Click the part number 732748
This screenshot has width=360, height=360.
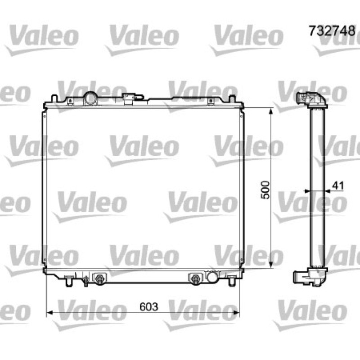pyautogui.click(x=332, y=31)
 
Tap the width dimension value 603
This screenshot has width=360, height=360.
pyautogui.click(x=149, y=307)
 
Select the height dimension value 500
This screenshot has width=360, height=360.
pyautogui.click(x=265, y=190)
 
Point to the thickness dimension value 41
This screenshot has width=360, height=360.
pyautogui.click(x=338, y=186)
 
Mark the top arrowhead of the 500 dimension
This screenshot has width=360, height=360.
pyautogui.click(x=271, y=111)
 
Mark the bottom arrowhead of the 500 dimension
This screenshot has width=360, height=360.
pyautogui.click(x=271, y=265)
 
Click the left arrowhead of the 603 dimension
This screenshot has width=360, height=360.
pyautogui.click(x=50, y=312)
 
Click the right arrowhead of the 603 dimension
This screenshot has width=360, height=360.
pyautogui.click(x=236, y=312)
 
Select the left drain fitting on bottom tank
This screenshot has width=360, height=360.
pyautogui.click(x=99, y=279)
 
